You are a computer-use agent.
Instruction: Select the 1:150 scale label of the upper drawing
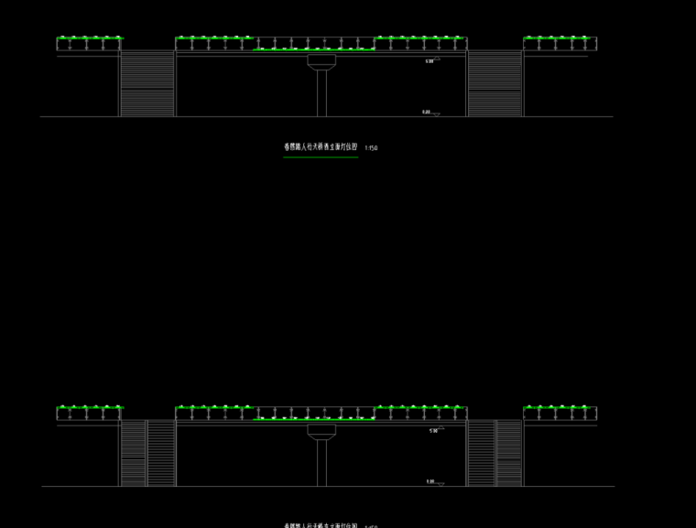[x=371, y=147]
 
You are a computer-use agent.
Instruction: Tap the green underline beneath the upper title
[x=321, y=157]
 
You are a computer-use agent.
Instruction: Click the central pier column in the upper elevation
[x=321, y=92]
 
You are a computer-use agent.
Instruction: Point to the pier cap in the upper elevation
[x=321, y=61]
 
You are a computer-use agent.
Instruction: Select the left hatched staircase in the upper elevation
[x=147, y=83]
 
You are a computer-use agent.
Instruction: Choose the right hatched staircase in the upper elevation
[x=495, y=83]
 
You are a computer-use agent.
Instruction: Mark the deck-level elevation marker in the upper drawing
[x=432, y=60]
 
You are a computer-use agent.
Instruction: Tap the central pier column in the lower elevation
[x=321, y=463]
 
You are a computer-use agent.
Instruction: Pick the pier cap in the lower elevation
[x=321, y=431]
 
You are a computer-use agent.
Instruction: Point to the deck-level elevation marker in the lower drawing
[x=433, y=430]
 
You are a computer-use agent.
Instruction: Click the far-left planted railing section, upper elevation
[x=89, y=43]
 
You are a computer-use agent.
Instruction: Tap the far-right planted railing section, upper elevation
[x=560, y=43]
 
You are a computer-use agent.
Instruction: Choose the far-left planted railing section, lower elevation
[x=89, y=413]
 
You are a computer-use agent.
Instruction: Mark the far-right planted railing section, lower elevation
[x=560, y=413]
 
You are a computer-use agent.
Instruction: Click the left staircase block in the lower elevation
[x=147, y=453]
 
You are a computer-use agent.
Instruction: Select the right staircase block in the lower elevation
[x=495, y=453]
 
